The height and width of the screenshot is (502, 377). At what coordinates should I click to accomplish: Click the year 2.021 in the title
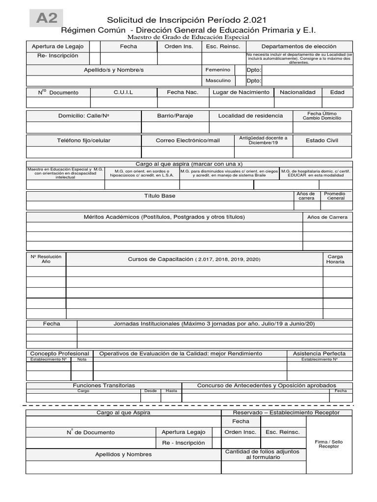(x=254, y=20)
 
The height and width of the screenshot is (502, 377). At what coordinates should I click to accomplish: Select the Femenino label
(x=217, y=70)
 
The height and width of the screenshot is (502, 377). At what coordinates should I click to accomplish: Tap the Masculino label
(x=218, y=80)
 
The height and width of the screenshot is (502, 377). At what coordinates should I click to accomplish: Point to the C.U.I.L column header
(x=123, y=92)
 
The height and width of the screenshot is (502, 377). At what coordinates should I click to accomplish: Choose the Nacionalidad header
(x=297, y=92)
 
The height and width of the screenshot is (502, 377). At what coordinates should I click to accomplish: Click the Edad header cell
(x=337, y=92)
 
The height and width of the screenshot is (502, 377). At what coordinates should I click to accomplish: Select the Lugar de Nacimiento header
(x=241, y=92)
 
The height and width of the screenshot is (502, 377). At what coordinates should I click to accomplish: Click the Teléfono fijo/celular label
(x=83, y=140)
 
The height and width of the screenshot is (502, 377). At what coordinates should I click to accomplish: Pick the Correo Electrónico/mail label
(x=188, y=140)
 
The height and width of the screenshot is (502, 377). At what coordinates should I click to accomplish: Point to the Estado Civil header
(x=322, y=140)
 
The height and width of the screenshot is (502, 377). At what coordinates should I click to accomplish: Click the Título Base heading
(x=160, y=196)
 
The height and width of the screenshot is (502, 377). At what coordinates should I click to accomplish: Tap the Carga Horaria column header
(x=335, y=259)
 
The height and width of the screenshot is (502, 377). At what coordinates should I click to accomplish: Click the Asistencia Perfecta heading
(x=319, y=353)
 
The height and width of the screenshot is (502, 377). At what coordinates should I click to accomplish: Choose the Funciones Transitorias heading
(x=104, y=385)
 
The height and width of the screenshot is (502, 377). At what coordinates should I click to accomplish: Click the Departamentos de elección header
(x=299, y=46)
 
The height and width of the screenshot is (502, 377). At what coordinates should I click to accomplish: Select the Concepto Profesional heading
(x=59, y=353)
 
